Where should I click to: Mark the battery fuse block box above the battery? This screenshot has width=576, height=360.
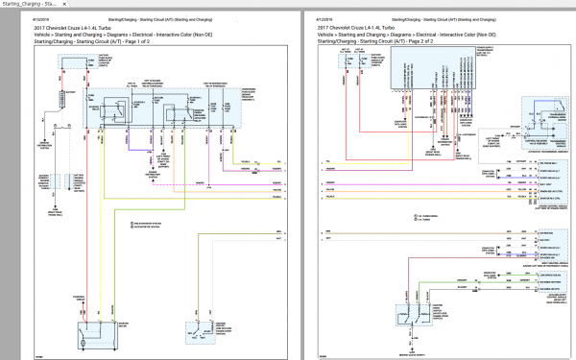[73, 66]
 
